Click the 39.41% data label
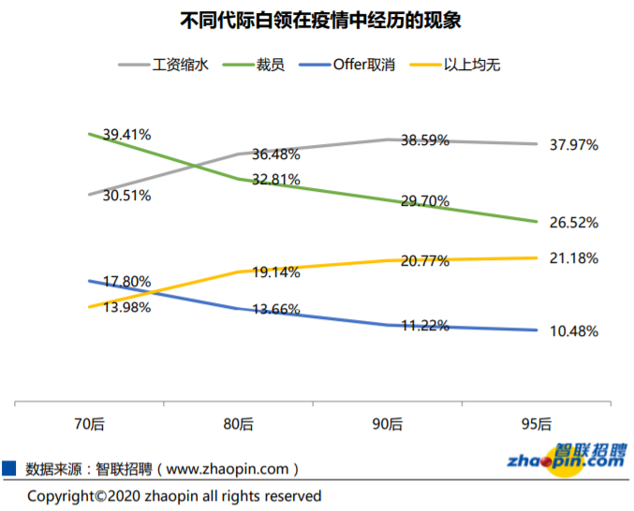pos(126,135)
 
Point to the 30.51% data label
pos(126,196)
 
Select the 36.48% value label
pos(276,155)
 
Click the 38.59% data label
pos(425,140)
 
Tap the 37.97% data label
pos(574,145)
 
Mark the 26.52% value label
pos(574,223)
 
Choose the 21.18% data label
pos(574,258)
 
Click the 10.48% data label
pos(574,331)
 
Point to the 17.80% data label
pos(126,281)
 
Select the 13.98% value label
pos(126,308)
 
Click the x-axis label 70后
pos(89,424)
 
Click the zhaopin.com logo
pos(566,457)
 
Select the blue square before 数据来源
pos(9,467)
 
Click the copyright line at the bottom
pos(174,496)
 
